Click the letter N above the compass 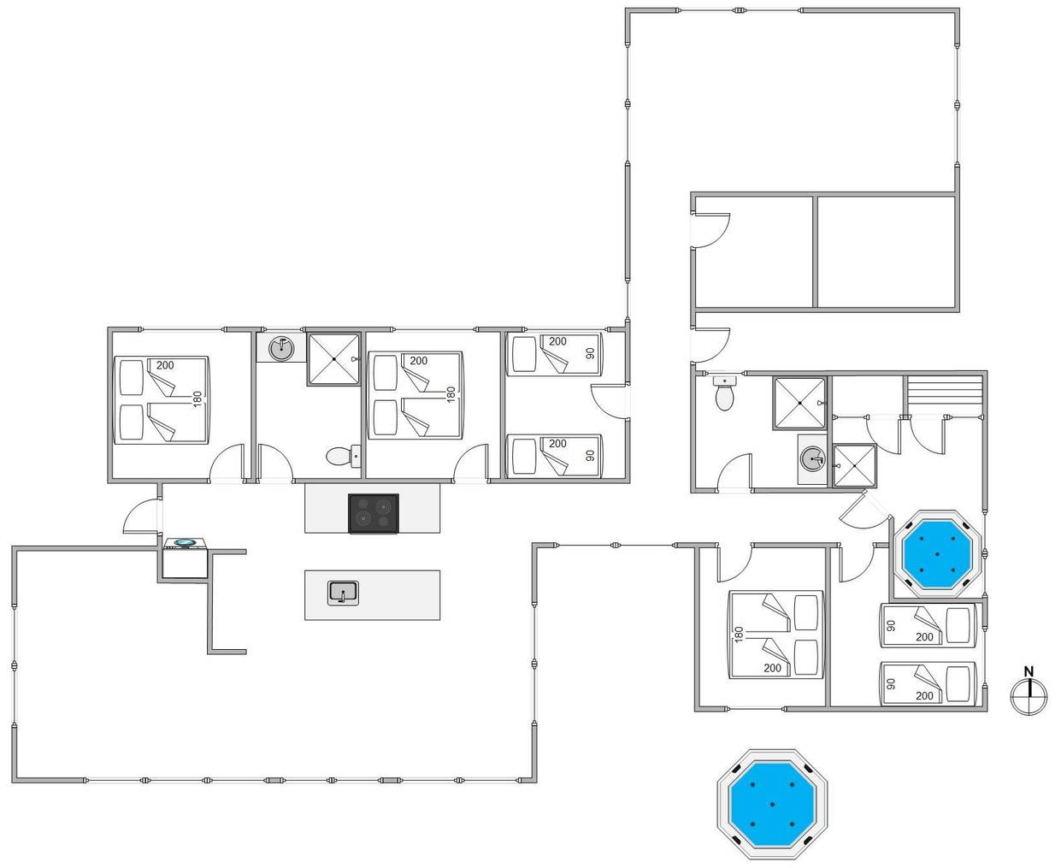click(1028, 672)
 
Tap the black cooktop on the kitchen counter click(374, 514)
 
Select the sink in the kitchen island click(343, 593)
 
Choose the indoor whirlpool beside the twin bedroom click(937, 554)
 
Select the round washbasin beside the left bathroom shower click(281, 348)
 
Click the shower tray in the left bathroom click(333, 359)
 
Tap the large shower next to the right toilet click(799, 403)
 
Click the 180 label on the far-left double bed click(197, 399)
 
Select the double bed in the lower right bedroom click(776, 635)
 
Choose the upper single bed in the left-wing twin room click(555, 355)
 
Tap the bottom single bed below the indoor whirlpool click(928, 683)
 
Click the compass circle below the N click(1028, 696)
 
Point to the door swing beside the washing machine click(142, 517)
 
